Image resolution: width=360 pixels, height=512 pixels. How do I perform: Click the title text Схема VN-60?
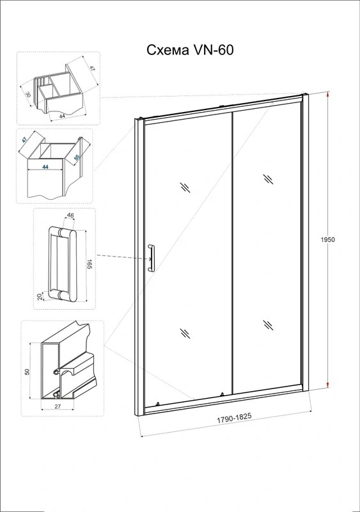point(190,51)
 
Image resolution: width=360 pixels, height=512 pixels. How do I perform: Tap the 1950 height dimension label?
point(327,239)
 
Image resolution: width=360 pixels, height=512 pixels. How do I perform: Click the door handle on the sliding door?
point(152,258)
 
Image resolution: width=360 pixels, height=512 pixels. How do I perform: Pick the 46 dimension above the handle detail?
point(70,216)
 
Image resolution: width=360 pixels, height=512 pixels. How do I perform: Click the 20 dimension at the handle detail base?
point(40,297)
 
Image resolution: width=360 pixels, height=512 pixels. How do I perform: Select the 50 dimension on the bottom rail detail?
point(27,371)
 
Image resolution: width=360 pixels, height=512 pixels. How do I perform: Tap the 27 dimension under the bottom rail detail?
point(57,406)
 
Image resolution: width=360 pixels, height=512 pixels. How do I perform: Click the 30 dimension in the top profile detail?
point(28,95)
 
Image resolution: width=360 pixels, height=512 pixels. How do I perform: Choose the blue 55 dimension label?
point(77,157)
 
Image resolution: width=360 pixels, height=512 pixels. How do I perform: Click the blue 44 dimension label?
point(45,167)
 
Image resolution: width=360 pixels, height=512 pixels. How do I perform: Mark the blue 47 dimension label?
point(24,140)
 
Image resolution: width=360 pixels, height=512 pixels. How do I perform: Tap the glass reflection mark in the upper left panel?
point(185,188)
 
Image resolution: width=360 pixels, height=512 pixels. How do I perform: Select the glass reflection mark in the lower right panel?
point(269,324)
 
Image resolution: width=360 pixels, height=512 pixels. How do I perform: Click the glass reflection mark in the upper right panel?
point(269,179)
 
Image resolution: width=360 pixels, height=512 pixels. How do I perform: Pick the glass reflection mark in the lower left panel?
point(185,333)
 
